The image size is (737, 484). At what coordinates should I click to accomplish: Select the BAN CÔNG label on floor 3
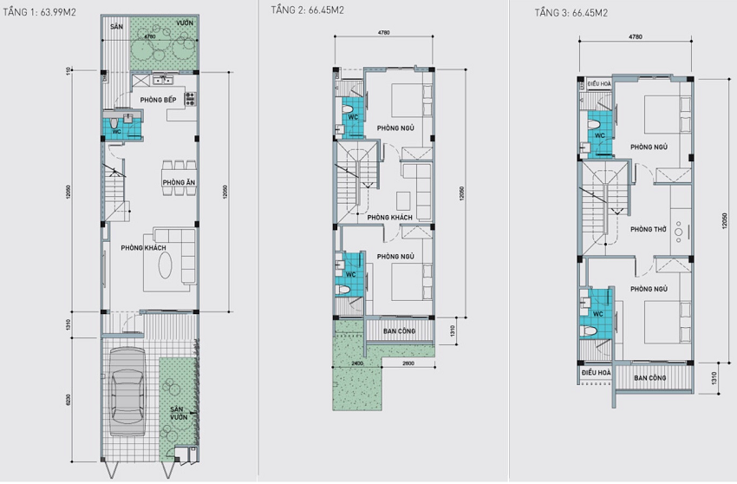649,378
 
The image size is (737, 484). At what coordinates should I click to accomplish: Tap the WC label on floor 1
115,132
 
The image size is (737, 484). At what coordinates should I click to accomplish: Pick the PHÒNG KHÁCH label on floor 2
388,217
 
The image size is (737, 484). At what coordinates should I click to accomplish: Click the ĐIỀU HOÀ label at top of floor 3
599,83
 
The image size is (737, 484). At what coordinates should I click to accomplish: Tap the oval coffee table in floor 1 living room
165,265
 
